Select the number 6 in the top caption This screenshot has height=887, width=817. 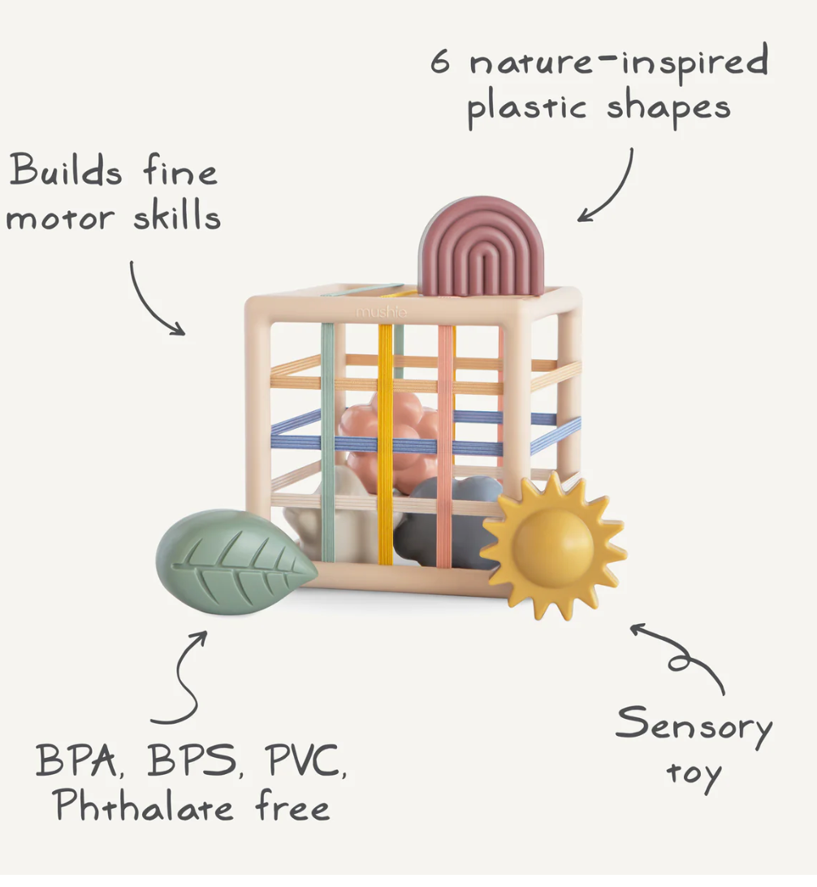pos(439,63)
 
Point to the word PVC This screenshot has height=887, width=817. pos(305,762)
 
